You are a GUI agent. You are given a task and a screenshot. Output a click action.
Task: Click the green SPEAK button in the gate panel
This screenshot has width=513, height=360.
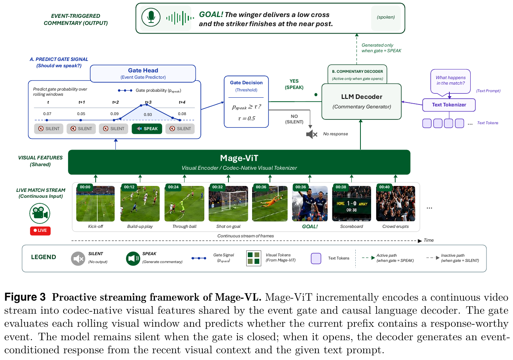pyautogui.click(x=147, y=129)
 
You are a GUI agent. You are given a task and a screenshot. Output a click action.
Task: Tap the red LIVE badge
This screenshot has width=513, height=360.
pyautogui.click(x=40, y=231)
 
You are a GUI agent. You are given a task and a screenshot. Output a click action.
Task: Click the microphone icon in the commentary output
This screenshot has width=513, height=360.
pyautogui.click(x=151, y=17)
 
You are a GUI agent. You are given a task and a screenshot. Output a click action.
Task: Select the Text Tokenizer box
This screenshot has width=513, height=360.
pyautogui.click(x=449, y=105)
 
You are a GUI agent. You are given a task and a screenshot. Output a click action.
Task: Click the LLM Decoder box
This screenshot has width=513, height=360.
pyautogui.click(x=361, y=102)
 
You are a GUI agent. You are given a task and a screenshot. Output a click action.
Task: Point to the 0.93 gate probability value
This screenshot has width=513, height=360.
pyautogui.click(x=148, y=114)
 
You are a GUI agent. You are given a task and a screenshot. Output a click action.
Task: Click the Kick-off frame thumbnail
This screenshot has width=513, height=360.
pyautogui.click(x=95, y=203)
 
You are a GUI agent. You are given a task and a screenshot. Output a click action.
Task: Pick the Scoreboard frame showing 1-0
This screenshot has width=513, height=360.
pyautogui.click(x=351, y=203)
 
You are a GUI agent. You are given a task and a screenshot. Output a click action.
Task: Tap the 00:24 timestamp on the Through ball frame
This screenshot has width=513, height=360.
pyautogui.click(x=173, y=187)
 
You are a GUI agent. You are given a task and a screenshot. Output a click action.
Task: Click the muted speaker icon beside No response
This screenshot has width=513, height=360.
pyautogui.click(x=312, y=134)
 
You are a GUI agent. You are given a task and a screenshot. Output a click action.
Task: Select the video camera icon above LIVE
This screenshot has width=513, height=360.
pyautogui.click(x=40, y=213)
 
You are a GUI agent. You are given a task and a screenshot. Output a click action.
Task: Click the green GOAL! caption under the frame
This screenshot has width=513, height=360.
pyautogui.click(x=310, y=227)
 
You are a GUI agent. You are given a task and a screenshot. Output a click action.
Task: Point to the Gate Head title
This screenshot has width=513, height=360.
pyautogui.click(x=143, y=70)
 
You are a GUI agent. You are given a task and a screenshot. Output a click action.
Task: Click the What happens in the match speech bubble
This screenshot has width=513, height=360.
pyautogui.click(x=451, y=82)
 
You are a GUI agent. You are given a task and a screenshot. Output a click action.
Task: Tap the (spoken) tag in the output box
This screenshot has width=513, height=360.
pyautogui.click(x=386, y=17)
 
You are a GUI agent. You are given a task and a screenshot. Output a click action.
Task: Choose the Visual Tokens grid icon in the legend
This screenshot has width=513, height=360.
pyautogui.click(x=253, y=258)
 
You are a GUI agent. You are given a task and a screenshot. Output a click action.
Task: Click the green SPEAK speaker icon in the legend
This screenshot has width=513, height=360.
pyautogui.click(x=133, y=258)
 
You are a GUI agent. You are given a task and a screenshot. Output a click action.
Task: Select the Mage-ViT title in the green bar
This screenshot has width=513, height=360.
pyautogui.click(x=239, y=158)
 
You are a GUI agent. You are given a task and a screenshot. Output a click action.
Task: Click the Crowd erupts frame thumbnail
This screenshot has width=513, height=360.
pyautogui.click(x=396, y=203)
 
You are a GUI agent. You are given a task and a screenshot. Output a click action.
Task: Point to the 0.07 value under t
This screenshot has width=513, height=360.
pyautogui.click(x=47, y=114)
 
